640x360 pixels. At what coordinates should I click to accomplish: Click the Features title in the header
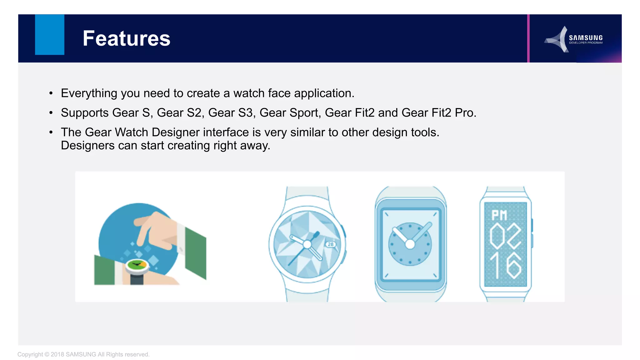pos(126,38)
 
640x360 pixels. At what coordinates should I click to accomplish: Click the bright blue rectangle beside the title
pos(49,35)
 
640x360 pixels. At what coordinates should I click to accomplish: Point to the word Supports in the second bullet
pos(84,113)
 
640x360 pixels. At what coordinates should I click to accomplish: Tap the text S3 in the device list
pos(246,113)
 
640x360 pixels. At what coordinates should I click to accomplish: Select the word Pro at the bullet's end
pos(465,113)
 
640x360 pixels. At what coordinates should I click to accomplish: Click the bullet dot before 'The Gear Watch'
pos(51,132)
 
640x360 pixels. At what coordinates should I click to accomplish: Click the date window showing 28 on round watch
pos(331,244)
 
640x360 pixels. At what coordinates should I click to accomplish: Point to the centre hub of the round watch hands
pos(307,244)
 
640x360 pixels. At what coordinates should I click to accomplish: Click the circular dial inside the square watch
pos(410,244)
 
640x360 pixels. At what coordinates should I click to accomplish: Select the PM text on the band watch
pos(499,215)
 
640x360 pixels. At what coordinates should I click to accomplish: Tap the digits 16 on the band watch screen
pos(505,266)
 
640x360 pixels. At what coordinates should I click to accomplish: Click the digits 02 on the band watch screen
pos(505,237)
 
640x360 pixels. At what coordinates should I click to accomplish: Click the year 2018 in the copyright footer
pos(57,354)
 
